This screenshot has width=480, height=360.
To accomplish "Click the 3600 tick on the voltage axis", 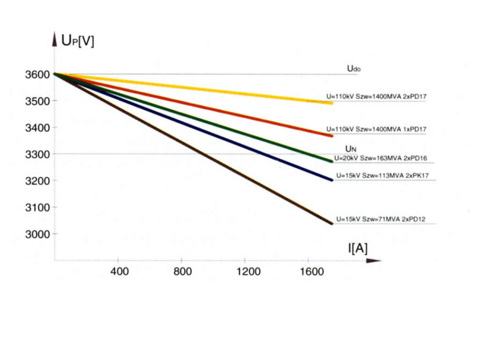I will tap(38, 74).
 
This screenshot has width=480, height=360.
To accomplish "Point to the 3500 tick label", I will tap(38, 101).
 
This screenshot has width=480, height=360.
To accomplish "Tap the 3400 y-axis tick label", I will tap(38, 128).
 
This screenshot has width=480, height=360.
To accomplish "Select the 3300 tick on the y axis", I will tap(38, 154).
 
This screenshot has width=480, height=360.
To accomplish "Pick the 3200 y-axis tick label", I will tap(38, 181).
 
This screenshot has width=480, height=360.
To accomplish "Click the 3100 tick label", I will tap(38, 207).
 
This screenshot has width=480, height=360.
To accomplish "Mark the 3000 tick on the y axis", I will tap(38, 234).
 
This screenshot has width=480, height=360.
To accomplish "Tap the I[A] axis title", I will tap(357, 248).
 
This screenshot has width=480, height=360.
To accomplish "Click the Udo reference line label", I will tap(354, 69).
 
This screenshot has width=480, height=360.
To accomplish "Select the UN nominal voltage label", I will tap(351, 149).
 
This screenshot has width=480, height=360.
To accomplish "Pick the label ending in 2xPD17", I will tap(376, 96).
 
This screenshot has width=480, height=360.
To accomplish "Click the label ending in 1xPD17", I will tap(376, 129).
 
